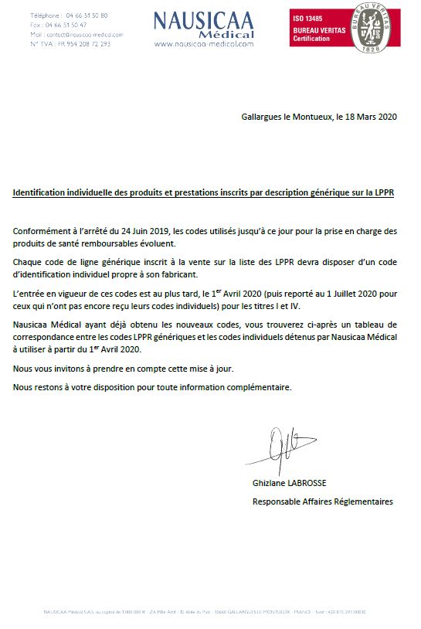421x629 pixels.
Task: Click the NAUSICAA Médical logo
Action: pyautogui.click(x=203, y=24)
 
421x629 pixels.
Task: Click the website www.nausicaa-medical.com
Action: pyautogui.click(x=203, y=44)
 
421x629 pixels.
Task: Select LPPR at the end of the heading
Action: pyautogui.click(x=383, y=192)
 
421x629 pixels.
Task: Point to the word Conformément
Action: pyautogui.click(x=42, y=231)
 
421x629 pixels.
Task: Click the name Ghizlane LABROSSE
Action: pyautogui.click(x=289, y=483)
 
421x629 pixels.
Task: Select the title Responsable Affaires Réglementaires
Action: pyautogui.click(x=322, y=501)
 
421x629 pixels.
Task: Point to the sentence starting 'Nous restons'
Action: pyautogui.click(x=152, y=386)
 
